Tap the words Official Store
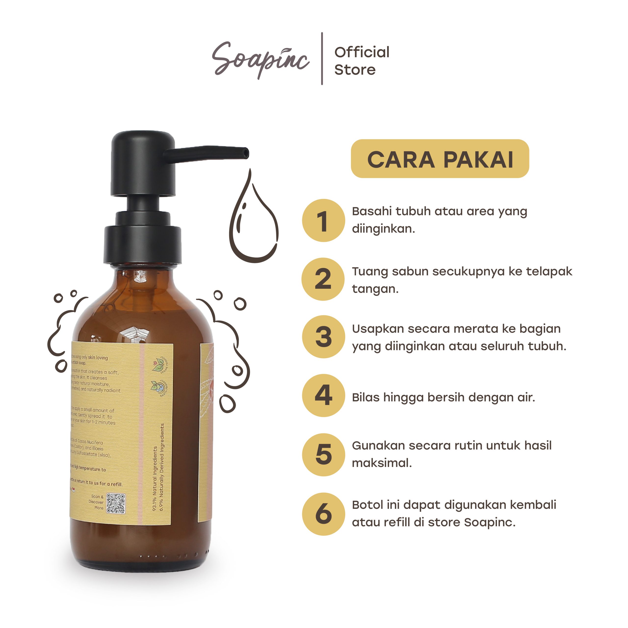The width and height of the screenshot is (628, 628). click(361, 61)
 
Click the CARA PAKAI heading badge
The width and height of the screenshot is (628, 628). click(440, 159)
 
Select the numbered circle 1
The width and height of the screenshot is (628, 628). click(323, 220)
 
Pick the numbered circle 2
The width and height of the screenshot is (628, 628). click(323, 279)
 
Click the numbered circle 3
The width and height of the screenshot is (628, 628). click(323, 337)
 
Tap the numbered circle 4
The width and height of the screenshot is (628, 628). click(323, 395)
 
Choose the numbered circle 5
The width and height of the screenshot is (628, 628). click(323, 454)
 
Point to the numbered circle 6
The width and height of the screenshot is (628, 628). click(323, 514)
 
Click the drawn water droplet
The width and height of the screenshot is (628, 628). click(254, 224)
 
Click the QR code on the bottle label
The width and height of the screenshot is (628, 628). click(116, 504)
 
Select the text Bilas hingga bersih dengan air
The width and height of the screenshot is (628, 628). click(443, 397)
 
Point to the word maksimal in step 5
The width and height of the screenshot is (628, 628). click(382, 463)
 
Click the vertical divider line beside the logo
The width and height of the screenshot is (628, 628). click(322, 59)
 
